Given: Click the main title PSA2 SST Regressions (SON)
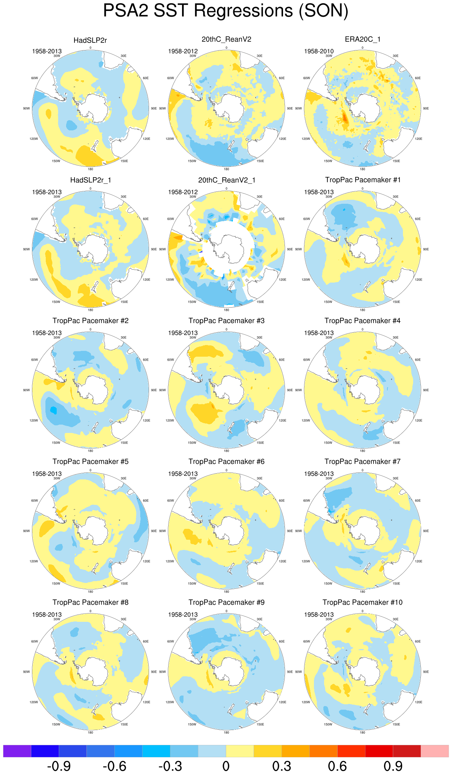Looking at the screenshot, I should [x=226, y=11].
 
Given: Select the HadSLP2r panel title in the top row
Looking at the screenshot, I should [x=90, y=40].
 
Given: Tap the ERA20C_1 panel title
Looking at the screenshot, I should [x=362, y=39].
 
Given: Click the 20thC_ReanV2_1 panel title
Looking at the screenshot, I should [x=226, y=180].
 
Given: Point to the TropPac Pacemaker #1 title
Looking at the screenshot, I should [x=362, y=180].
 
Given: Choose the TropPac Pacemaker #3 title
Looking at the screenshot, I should [x=226, y=321].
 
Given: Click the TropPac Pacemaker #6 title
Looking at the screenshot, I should [x=226, y=462].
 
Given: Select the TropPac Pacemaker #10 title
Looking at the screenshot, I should [x=362, y=603].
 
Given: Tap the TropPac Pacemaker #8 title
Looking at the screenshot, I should [x=90, y=603].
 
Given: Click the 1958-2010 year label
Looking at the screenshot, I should [x=319, y=51].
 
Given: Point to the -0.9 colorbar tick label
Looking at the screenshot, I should [x=59, y=766].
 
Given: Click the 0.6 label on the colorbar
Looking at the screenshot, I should [x=337, y=766].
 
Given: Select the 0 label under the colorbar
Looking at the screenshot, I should [x=226, y=766].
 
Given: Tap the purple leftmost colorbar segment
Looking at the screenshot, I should [x=17, y=751].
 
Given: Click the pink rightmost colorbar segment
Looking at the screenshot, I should [x=435, y=751].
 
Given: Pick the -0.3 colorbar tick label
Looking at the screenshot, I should [x=170, y=766].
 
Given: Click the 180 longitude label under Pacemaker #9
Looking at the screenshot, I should [x=226, y=733].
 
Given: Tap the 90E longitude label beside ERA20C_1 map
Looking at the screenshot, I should [x=426, y=109].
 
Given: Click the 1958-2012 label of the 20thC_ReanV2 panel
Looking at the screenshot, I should [x=183, y=51].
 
